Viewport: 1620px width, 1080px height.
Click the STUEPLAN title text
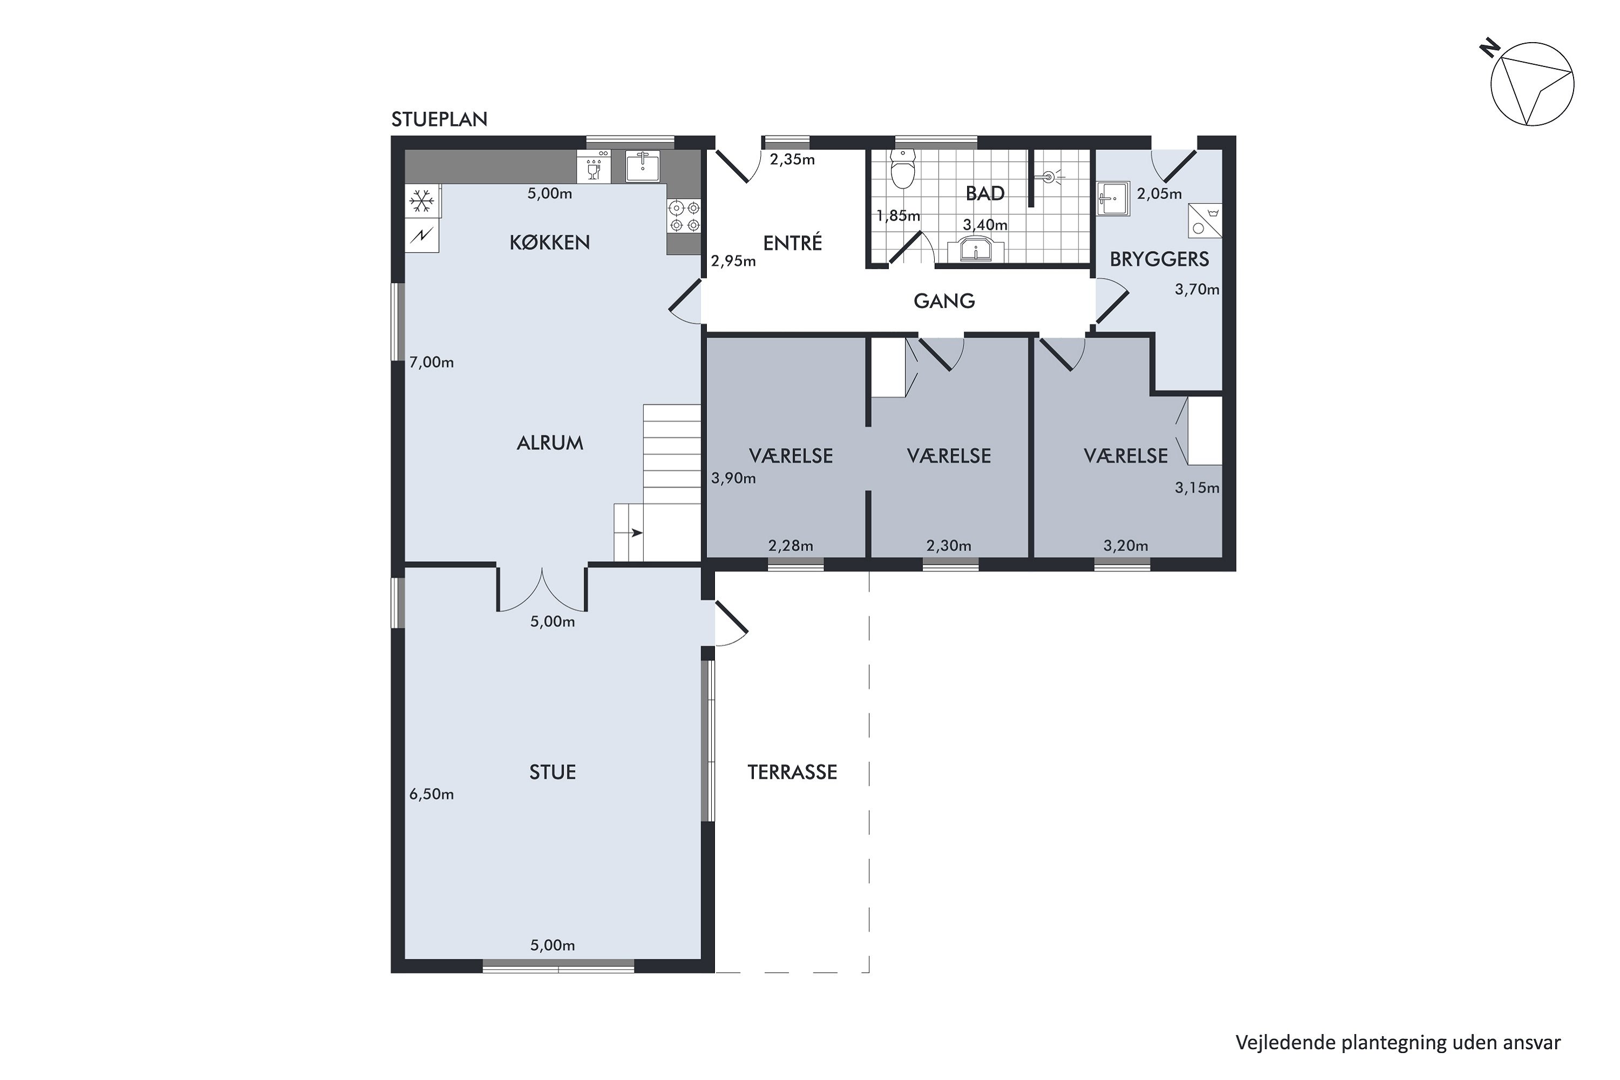click(x=440, y=120)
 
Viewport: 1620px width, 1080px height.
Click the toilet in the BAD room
click(x=902, y=168)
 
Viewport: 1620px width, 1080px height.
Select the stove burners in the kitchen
click(x=684, y=215)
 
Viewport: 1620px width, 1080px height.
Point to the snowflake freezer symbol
click(x=422, y=202)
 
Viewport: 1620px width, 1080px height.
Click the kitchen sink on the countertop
click(x=643, y=166)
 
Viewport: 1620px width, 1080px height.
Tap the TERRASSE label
click(x=792, y=772)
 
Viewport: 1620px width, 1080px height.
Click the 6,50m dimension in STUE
click(x=432, y=794)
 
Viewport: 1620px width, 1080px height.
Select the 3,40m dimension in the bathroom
click(x=985, y=225)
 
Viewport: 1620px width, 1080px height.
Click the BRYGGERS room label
click(x=1159, y=259)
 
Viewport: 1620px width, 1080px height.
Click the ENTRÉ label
click(x=793, y=242)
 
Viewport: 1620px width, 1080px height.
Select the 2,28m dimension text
click(x=791, y=546)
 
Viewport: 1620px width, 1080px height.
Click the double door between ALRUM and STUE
click(x=542, y=590)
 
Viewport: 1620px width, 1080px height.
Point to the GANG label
click(x=944, y=301)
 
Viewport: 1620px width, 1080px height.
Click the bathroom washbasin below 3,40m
click(x=976, y=249)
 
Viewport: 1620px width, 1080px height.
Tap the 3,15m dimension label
click(x=1197, y=488)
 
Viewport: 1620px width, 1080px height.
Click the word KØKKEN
click(x=550, y=242)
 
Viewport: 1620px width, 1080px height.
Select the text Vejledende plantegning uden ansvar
click(x=1398, y=1043)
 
